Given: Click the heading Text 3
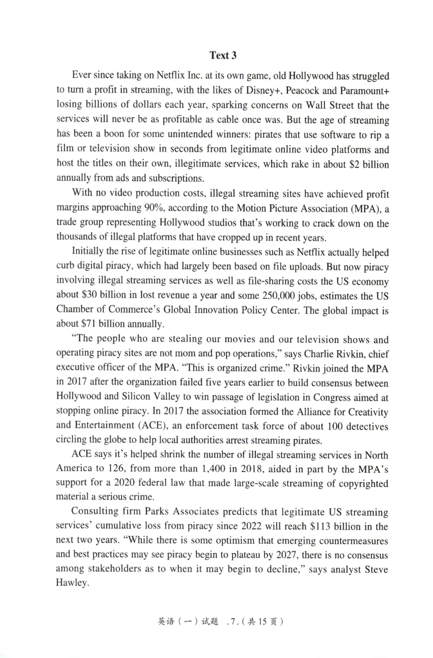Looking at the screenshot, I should [224, 55].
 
